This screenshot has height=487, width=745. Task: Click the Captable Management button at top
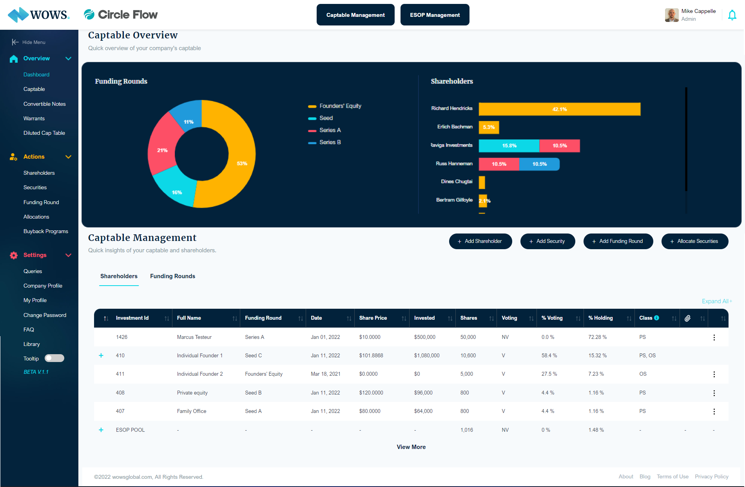click(355, 15)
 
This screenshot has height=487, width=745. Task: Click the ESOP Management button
click(435, 15)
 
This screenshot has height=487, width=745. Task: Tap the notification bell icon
click(732, 15)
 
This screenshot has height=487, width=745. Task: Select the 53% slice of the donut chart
click(235, 165)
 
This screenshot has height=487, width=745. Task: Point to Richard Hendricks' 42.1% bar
click(559, 109)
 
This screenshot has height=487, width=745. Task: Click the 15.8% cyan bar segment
click(509, 146)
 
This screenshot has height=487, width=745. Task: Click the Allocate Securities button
click(694, 241)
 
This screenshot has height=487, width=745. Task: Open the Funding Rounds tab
click(172, 276)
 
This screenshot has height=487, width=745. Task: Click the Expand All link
click(716, 301)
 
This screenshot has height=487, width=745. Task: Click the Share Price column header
click(373, 318)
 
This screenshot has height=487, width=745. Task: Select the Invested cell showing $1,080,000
click(426, 356)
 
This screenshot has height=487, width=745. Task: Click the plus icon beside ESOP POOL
click(101, 430)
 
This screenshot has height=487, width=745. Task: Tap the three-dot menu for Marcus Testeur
click(714, 337)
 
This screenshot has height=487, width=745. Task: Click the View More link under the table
click(411, 447)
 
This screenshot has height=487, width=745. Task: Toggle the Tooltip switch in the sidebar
click(54, 358)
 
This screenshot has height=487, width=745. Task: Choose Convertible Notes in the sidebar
click(44, 104)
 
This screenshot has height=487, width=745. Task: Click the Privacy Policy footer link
click(711, 476)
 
